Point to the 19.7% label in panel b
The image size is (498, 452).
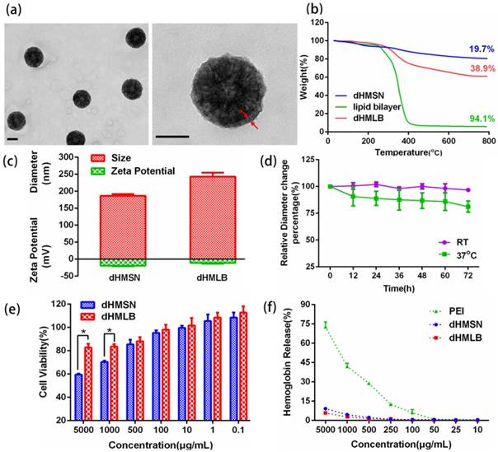click(x=474, y=49)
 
